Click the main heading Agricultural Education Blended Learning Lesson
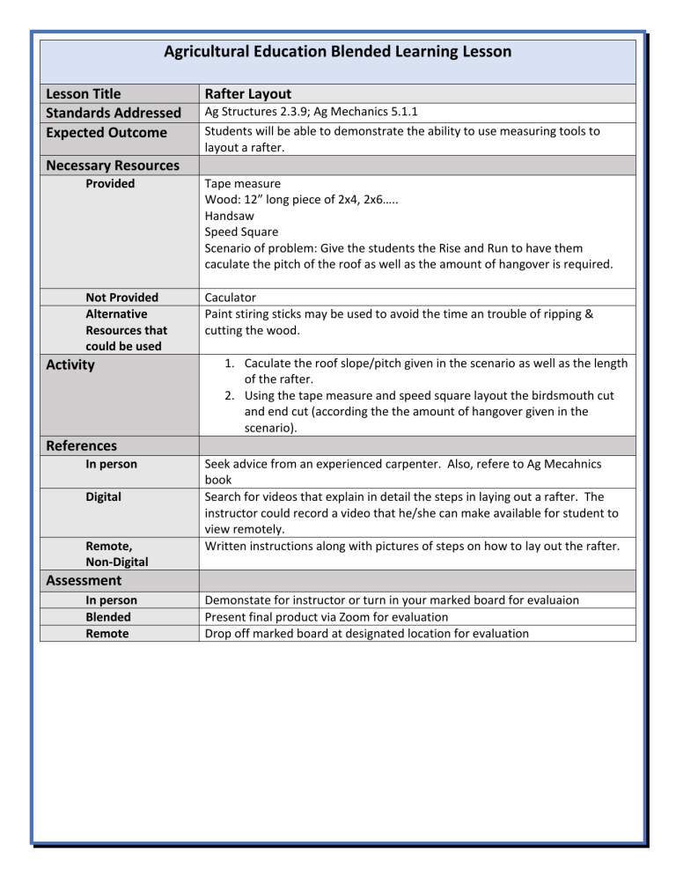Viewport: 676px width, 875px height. [337, 52]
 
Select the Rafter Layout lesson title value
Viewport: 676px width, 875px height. [247, 93]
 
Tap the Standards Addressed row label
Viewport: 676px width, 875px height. [113, 113]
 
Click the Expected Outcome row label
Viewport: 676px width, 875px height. [106, 132]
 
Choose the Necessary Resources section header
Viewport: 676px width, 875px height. [112, 165]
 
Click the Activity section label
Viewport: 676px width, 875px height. [70, 364]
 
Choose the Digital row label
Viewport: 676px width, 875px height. [103, 496]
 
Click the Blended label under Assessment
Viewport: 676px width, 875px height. [108, 617]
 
